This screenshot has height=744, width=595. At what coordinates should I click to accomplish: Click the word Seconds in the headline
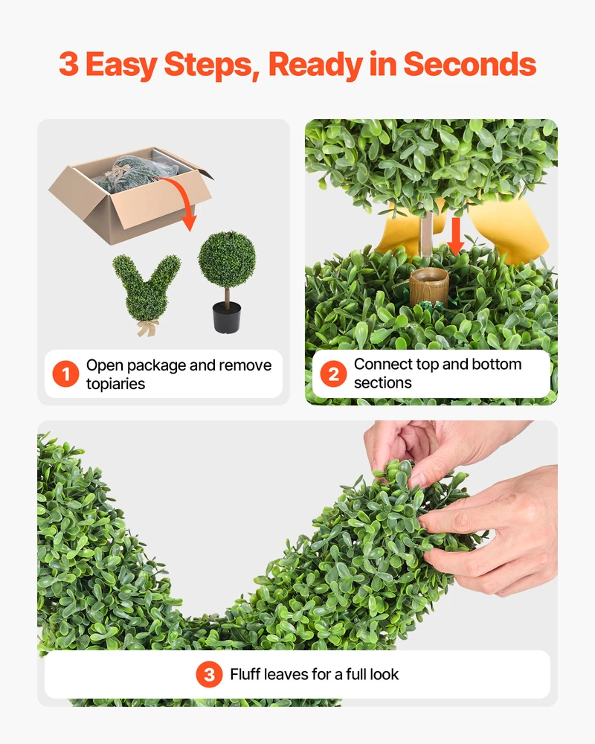tap(469, 64)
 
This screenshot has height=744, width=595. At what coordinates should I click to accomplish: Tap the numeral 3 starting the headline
tap(69, 65)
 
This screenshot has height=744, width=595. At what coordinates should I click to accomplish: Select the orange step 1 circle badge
tap(65, 374)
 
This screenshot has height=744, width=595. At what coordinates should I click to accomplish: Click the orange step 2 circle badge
tap(333, 374)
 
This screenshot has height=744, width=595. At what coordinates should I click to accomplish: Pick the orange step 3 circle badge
tap(209, 674)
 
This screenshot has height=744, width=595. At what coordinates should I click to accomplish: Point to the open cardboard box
tap(131, 195)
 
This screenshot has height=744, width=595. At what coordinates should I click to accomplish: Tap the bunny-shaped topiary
tap(146, 289)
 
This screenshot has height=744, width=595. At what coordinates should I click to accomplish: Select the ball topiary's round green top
tap(227, 260)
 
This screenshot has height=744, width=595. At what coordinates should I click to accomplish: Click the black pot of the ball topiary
tap(227, 316)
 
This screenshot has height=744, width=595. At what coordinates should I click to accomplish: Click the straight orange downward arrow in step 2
tap(455, 236)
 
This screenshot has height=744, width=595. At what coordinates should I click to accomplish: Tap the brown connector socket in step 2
tap(429, 286)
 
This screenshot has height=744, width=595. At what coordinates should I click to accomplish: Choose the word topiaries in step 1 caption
tap(116, 384)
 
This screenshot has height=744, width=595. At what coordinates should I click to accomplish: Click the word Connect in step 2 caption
tap(383, 364)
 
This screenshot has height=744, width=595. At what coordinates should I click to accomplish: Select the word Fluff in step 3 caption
tap(245, 674)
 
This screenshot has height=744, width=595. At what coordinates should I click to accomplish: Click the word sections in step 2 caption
tap(383, 383)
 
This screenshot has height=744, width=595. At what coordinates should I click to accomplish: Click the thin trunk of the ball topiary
tap(228, 295)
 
